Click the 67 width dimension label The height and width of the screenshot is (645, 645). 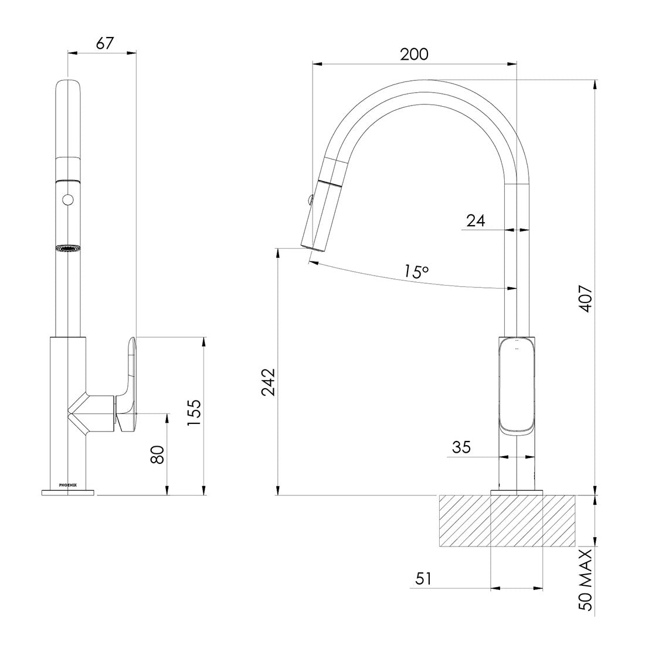[103, 43]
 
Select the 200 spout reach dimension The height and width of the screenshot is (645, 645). [414, 54]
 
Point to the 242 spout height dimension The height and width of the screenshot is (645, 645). [267, 382]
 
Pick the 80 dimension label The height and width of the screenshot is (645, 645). [157, 454]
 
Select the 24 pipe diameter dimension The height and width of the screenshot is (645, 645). [476, 221]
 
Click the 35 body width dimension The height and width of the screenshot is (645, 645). [462, 448]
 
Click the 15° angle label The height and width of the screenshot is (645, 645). [416, 271]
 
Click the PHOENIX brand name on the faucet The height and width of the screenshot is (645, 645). [68, 484]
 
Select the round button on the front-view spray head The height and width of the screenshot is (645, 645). [68, 200]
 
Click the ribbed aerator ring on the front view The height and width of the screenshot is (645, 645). [68, 249]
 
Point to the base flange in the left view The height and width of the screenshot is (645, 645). [68, 491]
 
